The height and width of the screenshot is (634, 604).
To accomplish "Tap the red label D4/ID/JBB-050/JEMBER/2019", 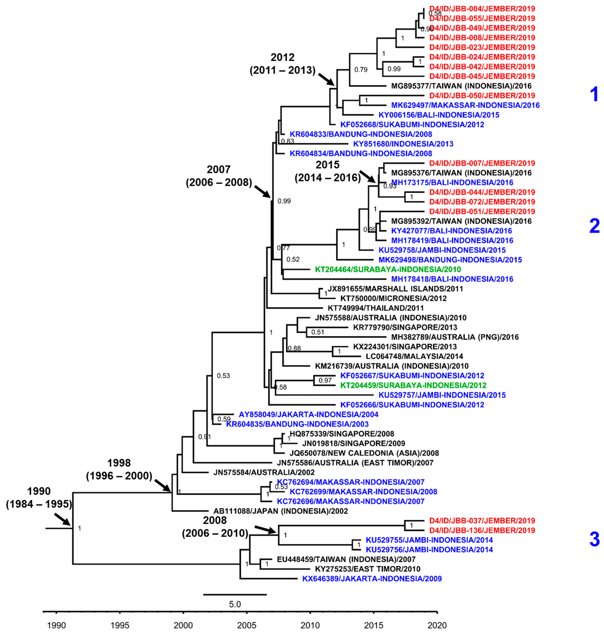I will tap(482, 96).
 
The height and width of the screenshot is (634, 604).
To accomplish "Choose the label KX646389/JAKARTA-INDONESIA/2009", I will tap(372, 579).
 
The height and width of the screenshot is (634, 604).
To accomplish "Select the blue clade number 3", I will tap(594, 540).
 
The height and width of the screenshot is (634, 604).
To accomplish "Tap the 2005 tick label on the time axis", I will tap(247, 625).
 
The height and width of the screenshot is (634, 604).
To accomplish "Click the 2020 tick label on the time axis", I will tap(437, 625).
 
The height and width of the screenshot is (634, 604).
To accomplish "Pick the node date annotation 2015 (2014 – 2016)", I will tap(328, 171).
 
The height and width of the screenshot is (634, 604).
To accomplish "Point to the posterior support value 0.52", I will tap(293, 259).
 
